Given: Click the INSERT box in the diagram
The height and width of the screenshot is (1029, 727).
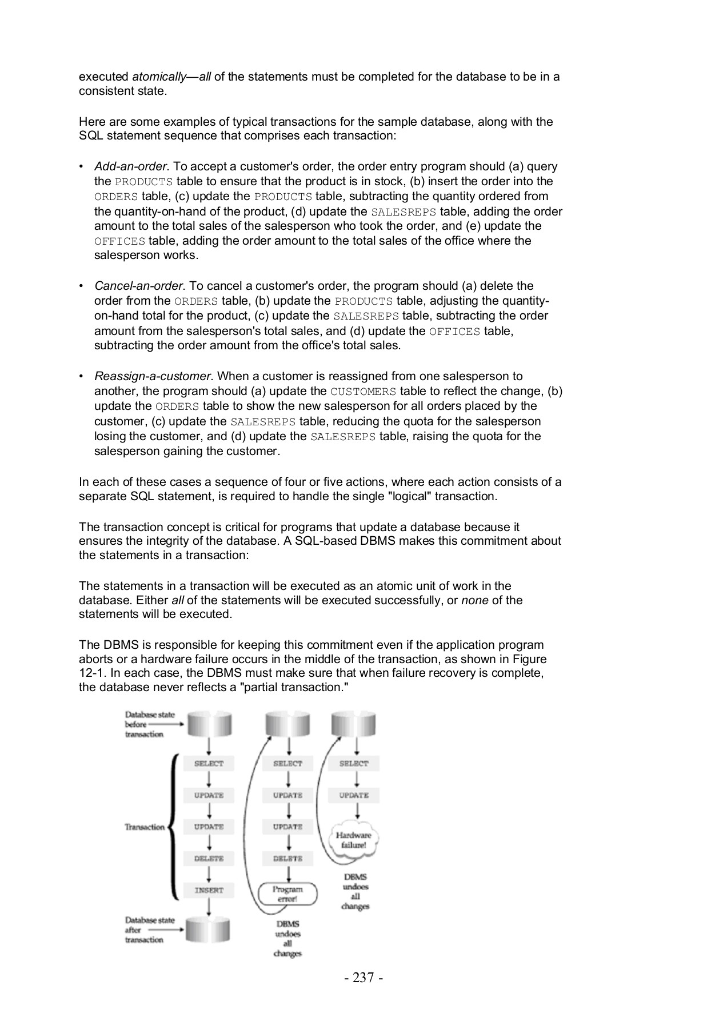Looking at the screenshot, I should coord(209,890).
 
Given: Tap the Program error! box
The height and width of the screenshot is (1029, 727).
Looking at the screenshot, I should coord(287,894).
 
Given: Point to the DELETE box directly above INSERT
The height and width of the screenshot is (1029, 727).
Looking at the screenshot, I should coord(209,859).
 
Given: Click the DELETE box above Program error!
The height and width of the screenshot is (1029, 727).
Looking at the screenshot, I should coord(287,859).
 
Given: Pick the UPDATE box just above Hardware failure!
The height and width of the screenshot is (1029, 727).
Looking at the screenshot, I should coord(353,795).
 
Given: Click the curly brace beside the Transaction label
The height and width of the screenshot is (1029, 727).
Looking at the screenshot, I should coord(174,827).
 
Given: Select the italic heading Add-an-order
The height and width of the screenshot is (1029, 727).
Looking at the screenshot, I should coord(131,166).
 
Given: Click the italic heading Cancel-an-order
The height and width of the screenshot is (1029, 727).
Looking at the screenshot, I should coord(139,286).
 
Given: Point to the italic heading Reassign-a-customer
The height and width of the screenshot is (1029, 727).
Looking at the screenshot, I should coord(153,376).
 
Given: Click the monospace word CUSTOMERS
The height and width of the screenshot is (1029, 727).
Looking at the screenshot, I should coord(363,392).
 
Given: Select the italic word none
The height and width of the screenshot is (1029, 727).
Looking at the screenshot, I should coord(474,600).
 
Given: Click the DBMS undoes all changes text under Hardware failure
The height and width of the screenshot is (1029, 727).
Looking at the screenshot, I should coord(355,891).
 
